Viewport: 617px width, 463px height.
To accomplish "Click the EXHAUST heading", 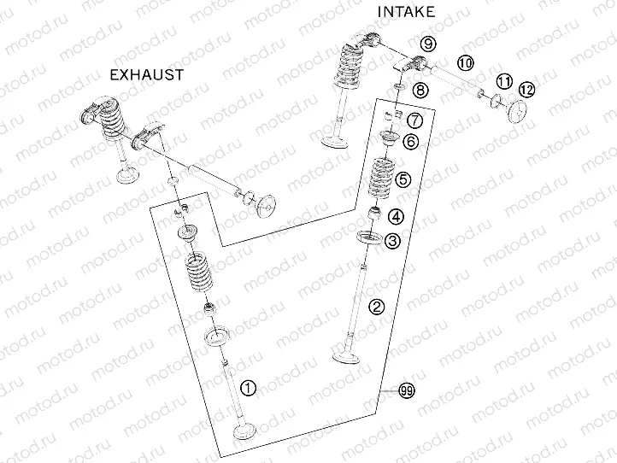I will point(147,74).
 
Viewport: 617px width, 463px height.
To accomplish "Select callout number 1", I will point(248,388).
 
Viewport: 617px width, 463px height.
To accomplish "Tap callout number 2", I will point(376,306).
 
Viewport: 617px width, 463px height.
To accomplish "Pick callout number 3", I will point(391,242).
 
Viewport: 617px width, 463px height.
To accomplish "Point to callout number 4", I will point(396,216).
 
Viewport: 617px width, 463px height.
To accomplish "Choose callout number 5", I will point(403,179).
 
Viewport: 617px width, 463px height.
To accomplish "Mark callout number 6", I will point(411,142).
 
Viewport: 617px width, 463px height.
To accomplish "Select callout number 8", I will point(419,90).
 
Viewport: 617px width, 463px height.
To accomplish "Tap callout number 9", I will point(428,43).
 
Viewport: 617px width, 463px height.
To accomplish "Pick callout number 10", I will point(464,62).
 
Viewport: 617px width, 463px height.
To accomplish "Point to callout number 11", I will point(504,81).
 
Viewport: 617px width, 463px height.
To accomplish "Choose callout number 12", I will point(526,89).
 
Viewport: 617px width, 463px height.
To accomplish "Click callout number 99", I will point(407,390).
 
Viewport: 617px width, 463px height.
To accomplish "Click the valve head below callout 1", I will point(244,432).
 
